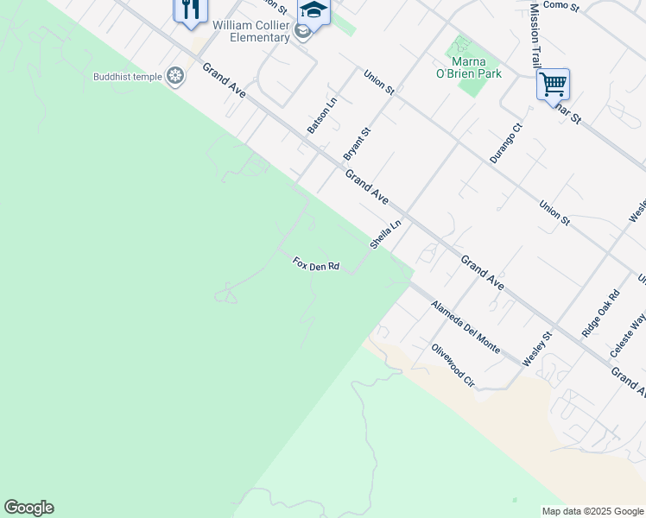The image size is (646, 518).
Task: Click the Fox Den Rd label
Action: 315,264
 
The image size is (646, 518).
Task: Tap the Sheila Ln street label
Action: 386,234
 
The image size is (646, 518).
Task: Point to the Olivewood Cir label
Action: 454,365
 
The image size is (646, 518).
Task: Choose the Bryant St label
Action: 357,143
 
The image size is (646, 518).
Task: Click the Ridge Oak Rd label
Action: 600,313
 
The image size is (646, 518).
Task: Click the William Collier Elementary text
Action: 251,32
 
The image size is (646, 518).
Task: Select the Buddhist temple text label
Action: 128,77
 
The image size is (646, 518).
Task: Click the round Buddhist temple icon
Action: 176,77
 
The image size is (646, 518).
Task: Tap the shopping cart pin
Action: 553,85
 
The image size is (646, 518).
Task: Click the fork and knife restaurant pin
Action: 191,9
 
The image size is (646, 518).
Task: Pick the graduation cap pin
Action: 313,11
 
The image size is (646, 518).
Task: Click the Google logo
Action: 28,508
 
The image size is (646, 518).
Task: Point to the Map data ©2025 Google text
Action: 593,511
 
